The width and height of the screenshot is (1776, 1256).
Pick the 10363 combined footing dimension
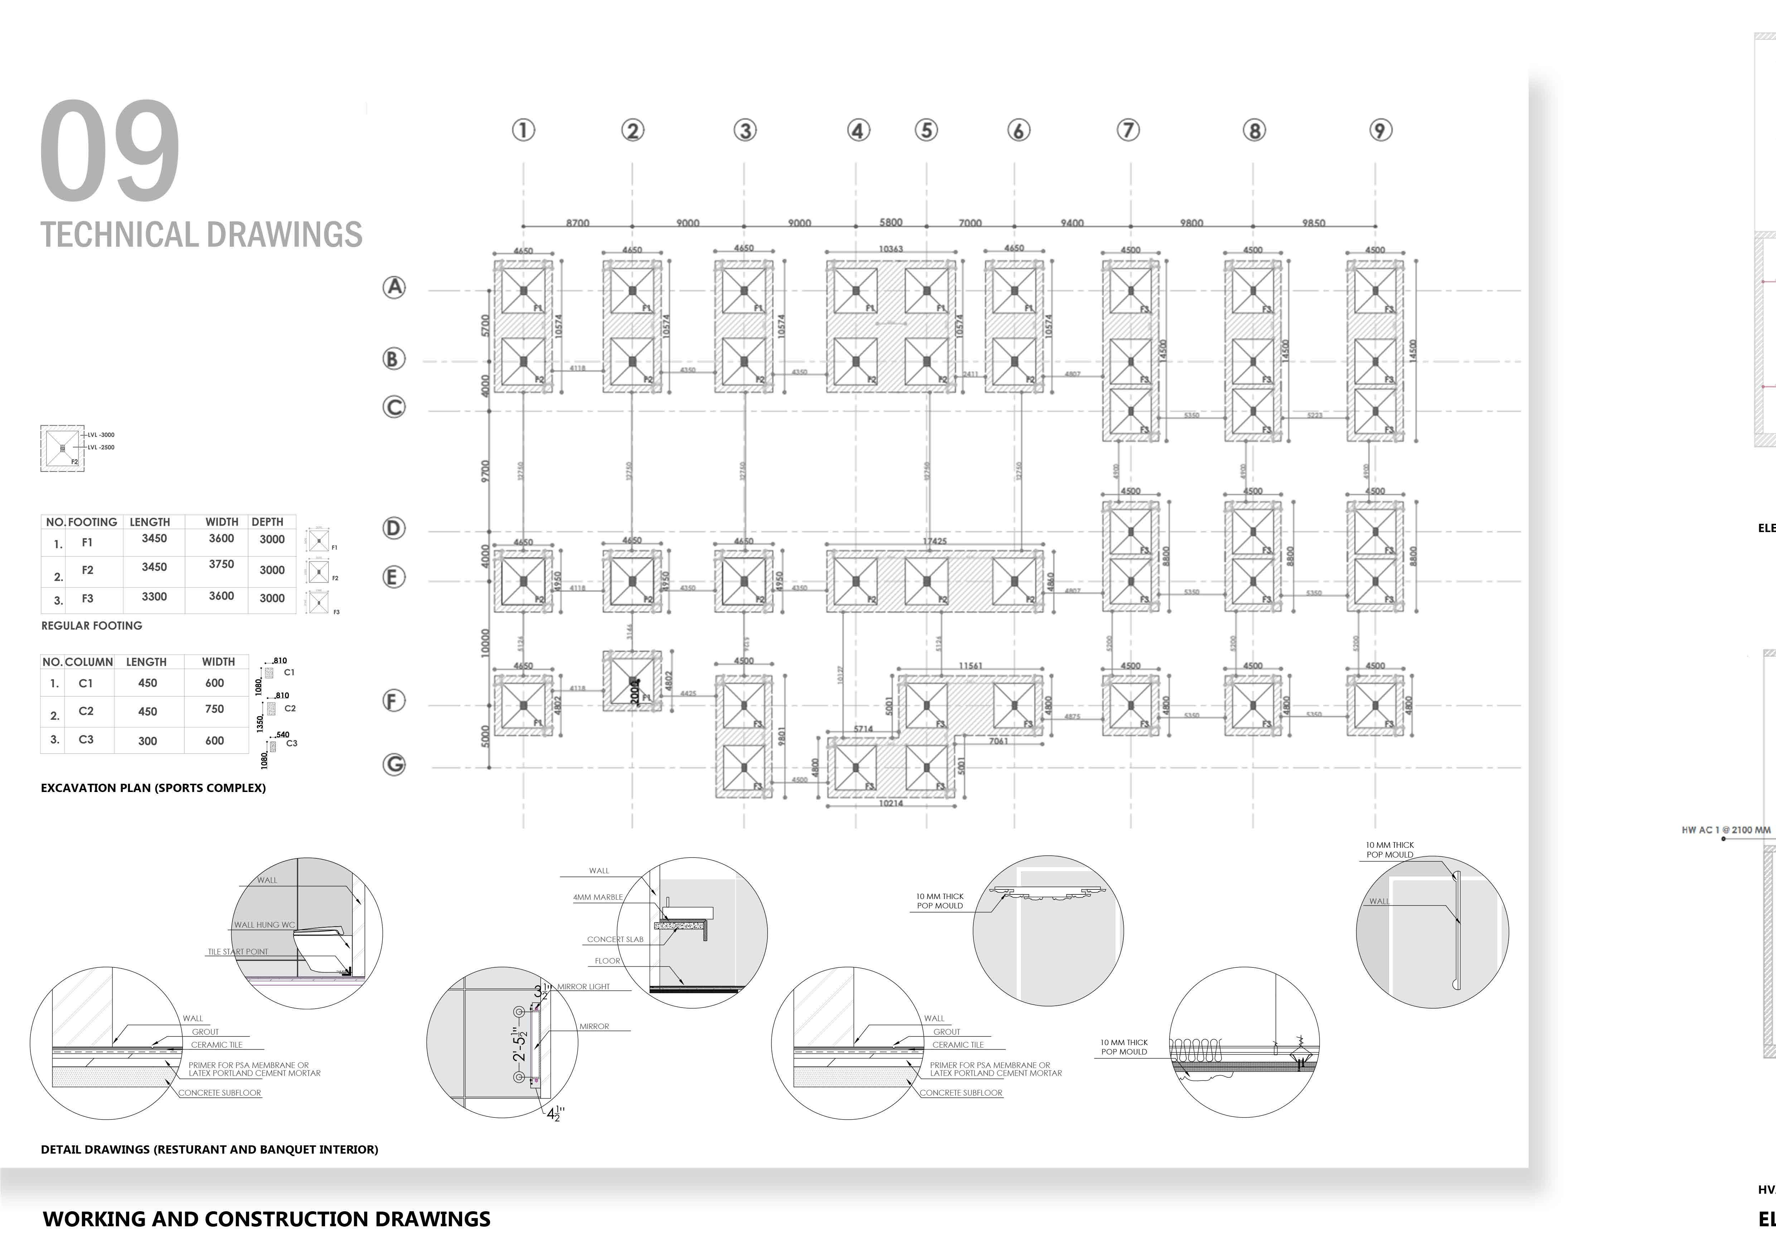(890, 249)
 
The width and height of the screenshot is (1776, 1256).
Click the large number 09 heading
(110, 151)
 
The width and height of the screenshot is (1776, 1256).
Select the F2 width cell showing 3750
(221, 565)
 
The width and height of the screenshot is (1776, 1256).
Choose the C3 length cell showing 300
(148, 741)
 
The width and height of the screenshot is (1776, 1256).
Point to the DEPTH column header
(268, 522)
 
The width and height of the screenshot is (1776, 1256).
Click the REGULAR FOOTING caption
(91, 626)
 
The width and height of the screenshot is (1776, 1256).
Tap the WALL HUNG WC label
(265, 925)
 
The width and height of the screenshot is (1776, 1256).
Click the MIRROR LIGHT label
(583, 987)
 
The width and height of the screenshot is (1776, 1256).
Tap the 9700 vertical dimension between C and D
(485, 471)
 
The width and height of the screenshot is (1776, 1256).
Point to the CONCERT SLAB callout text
(615, 940)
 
